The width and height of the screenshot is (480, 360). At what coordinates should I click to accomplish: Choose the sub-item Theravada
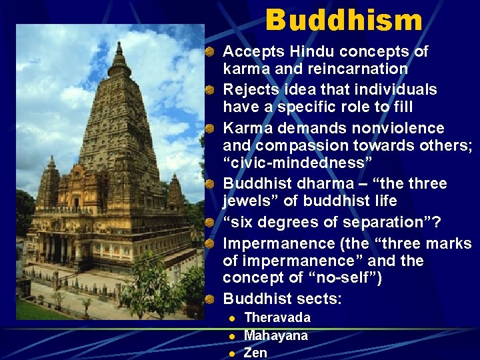pyautogui.click(x=277, y=318)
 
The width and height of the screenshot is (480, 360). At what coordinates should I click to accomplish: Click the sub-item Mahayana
pyautogui.click(x=276, y=335)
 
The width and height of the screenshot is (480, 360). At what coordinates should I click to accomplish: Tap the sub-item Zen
pyautogui.click(x=255, y=353)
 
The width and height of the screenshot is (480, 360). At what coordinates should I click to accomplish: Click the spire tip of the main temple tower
pyautogui.click(x=119, y=45)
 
